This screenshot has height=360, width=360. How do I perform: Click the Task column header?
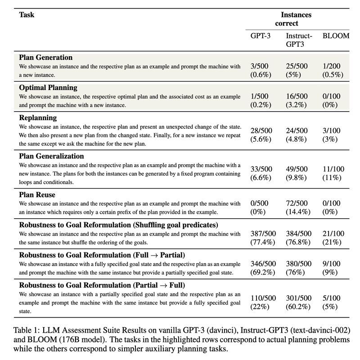click(27, 15)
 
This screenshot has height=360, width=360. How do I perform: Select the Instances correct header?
click(296, 19)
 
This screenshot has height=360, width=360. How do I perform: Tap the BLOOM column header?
click(336, 36)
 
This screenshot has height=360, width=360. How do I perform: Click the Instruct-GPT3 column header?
click(299, 40)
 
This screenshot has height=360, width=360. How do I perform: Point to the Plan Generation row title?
click(45, 58)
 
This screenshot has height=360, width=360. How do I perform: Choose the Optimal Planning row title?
click(48, 87)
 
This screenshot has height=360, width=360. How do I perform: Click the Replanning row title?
click(38, 117)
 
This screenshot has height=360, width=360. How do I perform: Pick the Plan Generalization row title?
click(51, 156)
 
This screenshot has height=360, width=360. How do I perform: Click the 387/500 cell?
click(263, 234)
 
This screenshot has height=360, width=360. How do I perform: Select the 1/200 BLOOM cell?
click(332, 66)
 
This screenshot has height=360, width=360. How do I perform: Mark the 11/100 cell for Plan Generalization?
click(333, 169)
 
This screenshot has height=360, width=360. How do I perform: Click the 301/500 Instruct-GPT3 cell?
click(298, 298)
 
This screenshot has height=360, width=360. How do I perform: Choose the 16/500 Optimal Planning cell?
click(297, 96)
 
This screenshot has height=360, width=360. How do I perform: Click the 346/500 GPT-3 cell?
click(263, 264)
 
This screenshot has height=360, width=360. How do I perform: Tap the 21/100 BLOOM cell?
click(333, 234)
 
